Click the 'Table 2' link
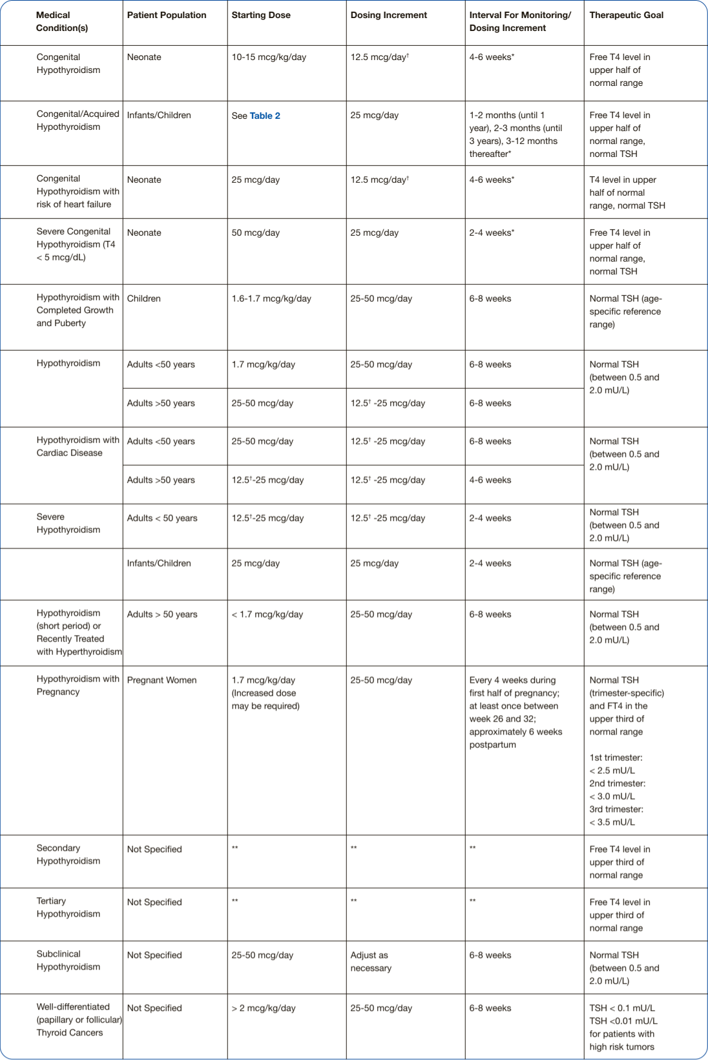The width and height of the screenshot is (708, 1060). pyautogui.click(x=265, y=116)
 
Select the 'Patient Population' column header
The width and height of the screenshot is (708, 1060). pyautogui.click(x=167, y=15)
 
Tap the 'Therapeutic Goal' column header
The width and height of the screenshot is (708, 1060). pyautogui.click(x=626, y=15)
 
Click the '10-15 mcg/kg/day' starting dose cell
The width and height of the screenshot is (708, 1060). pyautogui.click(x=269, y=57)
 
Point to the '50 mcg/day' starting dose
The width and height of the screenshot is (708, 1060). pyautogui.click(x=255, y=233)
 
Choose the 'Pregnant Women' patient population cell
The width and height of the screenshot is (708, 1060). pyautogui.click(x=161, y=680)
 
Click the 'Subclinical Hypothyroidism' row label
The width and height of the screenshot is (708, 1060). pyautogui.click(x=68, y=961)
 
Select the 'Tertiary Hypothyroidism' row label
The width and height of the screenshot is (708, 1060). pyautogui.click(x=68, y=908)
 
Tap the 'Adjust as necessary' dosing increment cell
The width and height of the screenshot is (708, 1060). pyautogui.click(x=371, y=962)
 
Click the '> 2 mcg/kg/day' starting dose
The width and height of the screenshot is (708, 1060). pyautogui.click(x=264, y=1008)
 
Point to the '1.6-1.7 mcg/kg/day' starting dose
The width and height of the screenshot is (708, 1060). pyautogui.click(x=271, y=298)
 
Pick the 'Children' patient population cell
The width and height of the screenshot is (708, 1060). pyautogui.click(x=143, y=298)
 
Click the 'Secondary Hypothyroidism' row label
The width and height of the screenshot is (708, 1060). pyautogui.click(x=68, y=855)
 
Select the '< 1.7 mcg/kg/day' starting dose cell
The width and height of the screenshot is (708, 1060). pyautogui.click(x=267, y=614)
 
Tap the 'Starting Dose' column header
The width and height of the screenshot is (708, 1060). pyautogui.click(x=261, y=15)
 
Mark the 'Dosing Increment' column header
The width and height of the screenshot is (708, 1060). pyautogui.click(x=388, y=15)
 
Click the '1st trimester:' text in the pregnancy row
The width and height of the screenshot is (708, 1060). pyautogui.click(x=616, y=758)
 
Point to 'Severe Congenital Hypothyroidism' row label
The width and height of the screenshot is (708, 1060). pyautogui.click(x=76, y=244)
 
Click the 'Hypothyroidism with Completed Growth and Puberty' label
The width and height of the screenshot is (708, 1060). pyautogui.click(x=78, y=310)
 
